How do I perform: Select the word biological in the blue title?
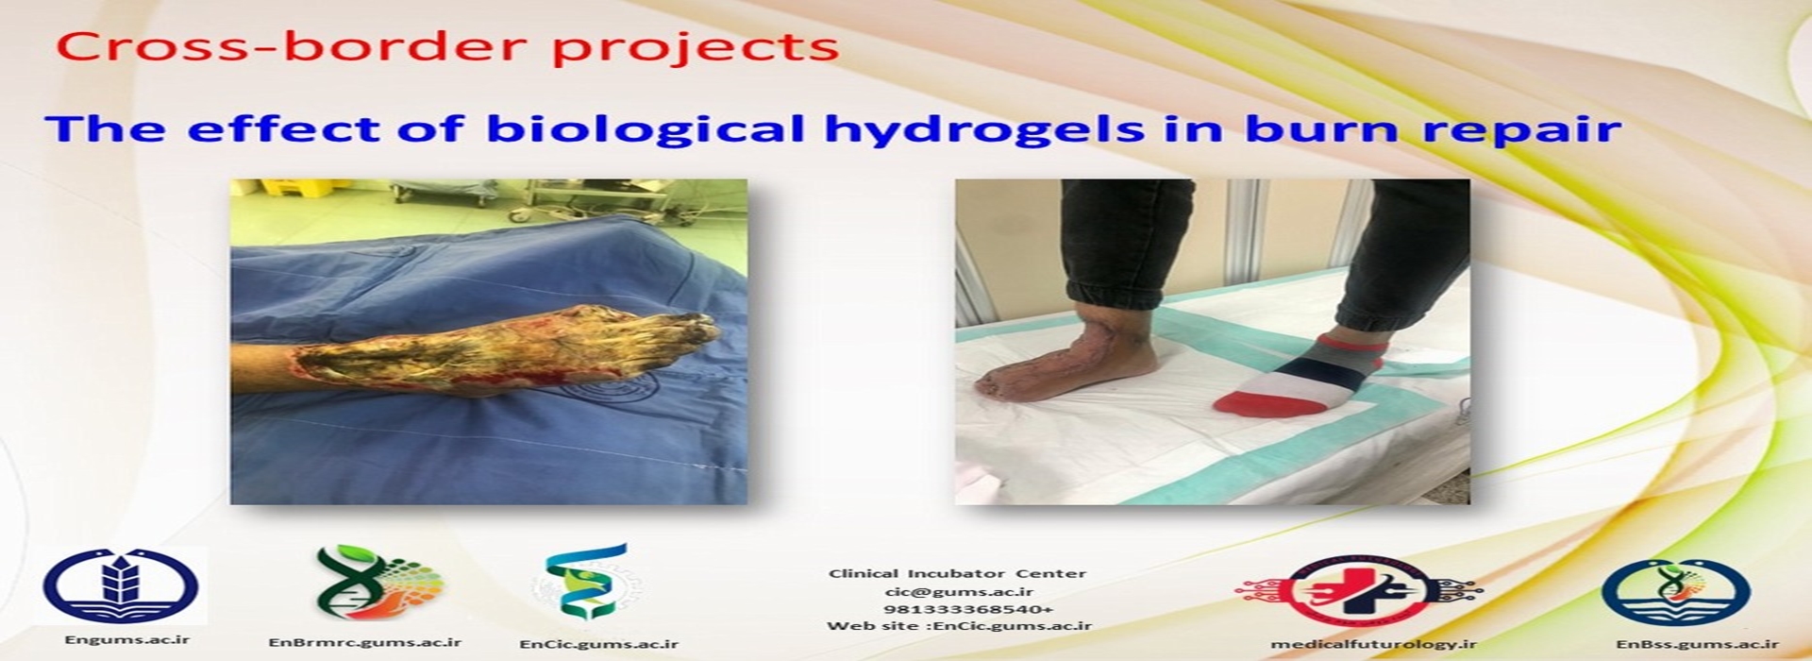pyautogui.click(x=646, y=129)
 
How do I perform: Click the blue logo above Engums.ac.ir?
pyautogui.click(x=124, y=586)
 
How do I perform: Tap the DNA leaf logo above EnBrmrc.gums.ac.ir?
pyautogui.click(x=377, y=584)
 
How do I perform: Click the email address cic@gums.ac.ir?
pyautogui.click(x=958, y=591)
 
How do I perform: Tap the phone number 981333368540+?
pyautogui.click(x=958, y=609)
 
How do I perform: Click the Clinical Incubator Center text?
pyautogui.click(x=958, y=573)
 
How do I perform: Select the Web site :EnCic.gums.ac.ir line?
pyautogui.click(x=959, y=626)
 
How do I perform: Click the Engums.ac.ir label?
pyautogui.click(x=126, y=639)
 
